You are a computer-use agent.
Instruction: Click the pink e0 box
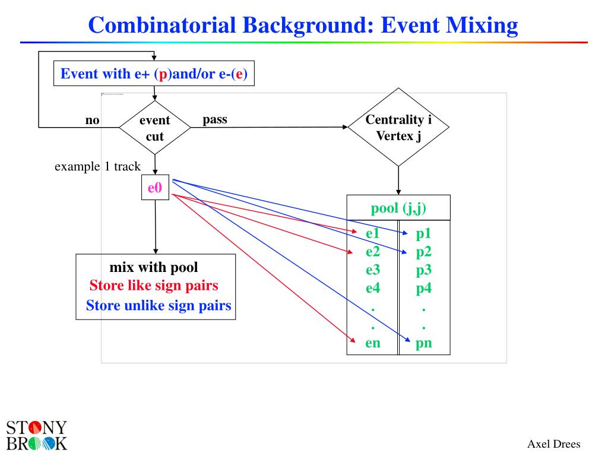(155, 187)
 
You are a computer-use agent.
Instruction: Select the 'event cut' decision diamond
(155, 128)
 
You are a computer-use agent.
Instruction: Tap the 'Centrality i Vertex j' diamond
(398, 127)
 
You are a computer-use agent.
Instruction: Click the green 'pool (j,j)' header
(398, 208)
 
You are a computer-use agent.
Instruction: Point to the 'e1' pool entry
(373, 233)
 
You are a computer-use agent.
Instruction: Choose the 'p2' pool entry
(423, 252)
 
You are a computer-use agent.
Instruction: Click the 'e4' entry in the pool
(373, 288)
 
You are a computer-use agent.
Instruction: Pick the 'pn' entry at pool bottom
(423, 343)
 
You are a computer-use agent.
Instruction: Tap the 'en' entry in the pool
(373, 343)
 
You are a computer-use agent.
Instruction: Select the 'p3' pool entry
(423, 270)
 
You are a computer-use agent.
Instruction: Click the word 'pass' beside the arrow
(215, 119)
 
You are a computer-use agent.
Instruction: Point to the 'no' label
(92, 120)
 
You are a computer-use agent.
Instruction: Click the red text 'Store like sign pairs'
(154, 286)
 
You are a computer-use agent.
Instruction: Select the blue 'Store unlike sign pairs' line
(159, 306)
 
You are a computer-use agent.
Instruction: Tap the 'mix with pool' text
(154, 268)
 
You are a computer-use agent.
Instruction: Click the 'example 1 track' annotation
(97, 166)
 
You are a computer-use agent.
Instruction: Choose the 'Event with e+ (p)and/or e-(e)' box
(154, 73)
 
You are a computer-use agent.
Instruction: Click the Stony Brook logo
(37, 436)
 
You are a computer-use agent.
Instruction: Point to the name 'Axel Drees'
(554, 444)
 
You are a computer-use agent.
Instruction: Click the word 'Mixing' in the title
(482, 26)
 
